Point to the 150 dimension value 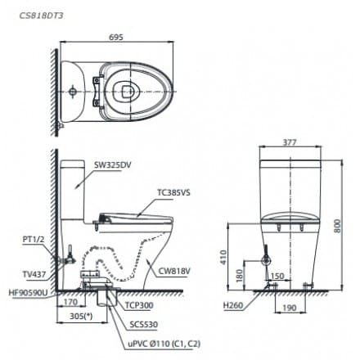coord(277,276)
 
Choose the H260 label coord(232,305)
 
